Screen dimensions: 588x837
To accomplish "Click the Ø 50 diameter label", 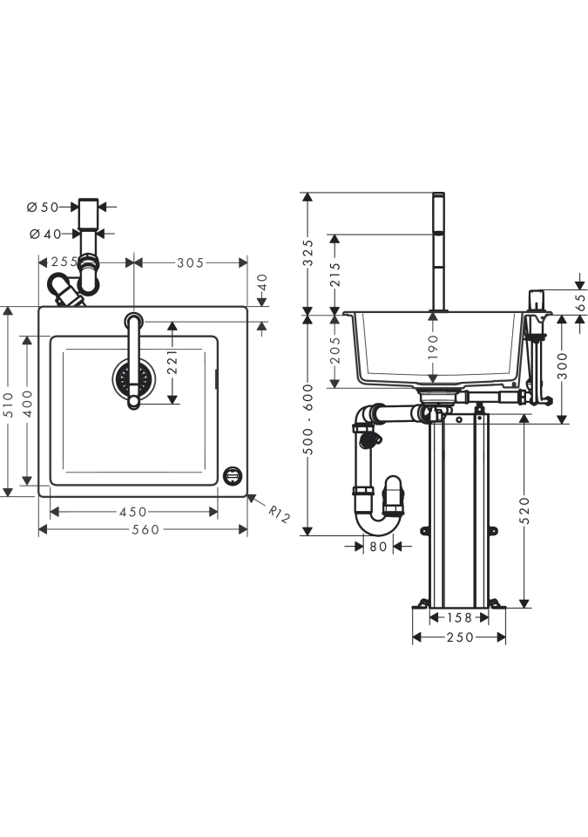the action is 43,207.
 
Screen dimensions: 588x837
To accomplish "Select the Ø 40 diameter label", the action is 45,234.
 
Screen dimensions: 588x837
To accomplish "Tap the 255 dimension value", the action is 64,262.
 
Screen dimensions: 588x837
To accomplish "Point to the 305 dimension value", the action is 191,262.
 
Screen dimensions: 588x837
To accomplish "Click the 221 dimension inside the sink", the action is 172,362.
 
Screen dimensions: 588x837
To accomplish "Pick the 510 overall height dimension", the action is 8,402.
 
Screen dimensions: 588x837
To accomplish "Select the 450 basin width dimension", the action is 133,512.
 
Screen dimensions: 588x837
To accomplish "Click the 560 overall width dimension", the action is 145,529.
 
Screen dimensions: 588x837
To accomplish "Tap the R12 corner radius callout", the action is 279,514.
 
